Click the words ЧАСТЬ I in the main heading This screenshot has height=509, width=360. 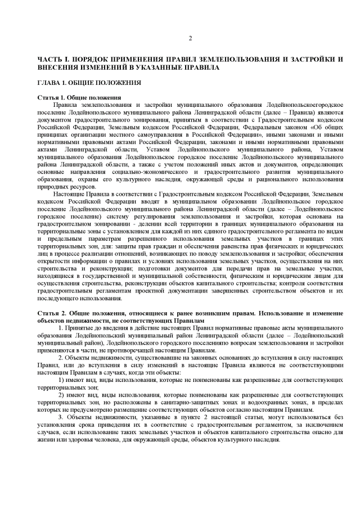coord(51,59)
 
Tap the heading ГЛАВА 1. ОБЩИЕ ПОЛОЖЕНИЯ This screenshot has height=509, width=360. coord(81,83)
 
